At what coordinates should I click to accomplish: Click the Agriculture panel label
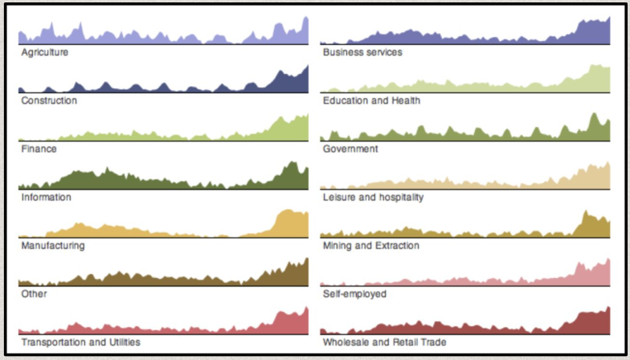click(44, 52)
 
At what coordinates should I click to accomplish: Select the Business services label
click(362, 52)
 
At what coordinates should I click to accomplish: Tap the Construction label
click(49, 100)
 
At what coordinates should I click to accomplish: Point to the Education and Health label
click(371, 100)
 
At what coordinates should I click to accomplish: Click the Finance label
click(39, 149)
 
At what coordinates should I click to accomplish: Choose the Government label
click(351, 149)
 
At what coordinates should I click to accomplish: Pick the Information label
click(46, 197)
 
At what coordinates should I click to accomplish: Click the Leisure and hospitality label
click(373, 197)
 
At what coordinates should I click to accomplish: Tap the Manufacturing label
click(52, 245)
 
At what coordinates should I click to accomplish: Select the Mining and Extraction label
click(370, 245)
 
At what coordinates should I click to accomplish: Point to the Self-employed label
click(354, 293)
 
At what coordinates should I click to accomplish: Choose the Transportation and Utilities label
click(80, 342)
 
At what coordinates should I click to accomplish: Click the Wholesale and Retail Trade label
click(384, 342)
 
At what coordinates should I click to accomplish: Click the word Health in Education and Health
click(407, 100)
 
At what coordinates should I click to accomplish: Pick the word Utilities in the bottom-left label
click(122, 342)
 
